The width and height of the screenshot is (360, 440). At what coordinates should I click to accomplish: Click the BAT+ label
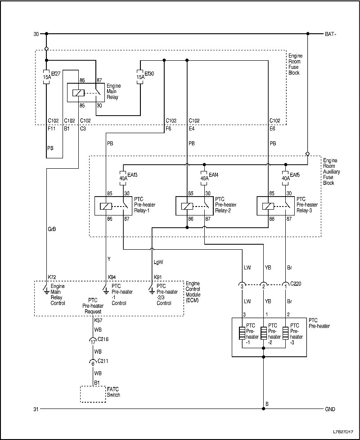coord(330,34)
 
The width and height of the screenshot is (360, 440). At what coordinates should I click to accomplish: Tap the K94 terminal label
coord(112,277)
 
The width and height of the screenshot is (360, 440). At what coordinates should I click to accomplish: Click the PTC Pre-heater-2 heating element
coord(264,333)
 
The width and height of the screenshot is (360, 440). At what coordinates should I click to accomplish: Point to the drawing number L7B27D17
coord(344,431)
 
